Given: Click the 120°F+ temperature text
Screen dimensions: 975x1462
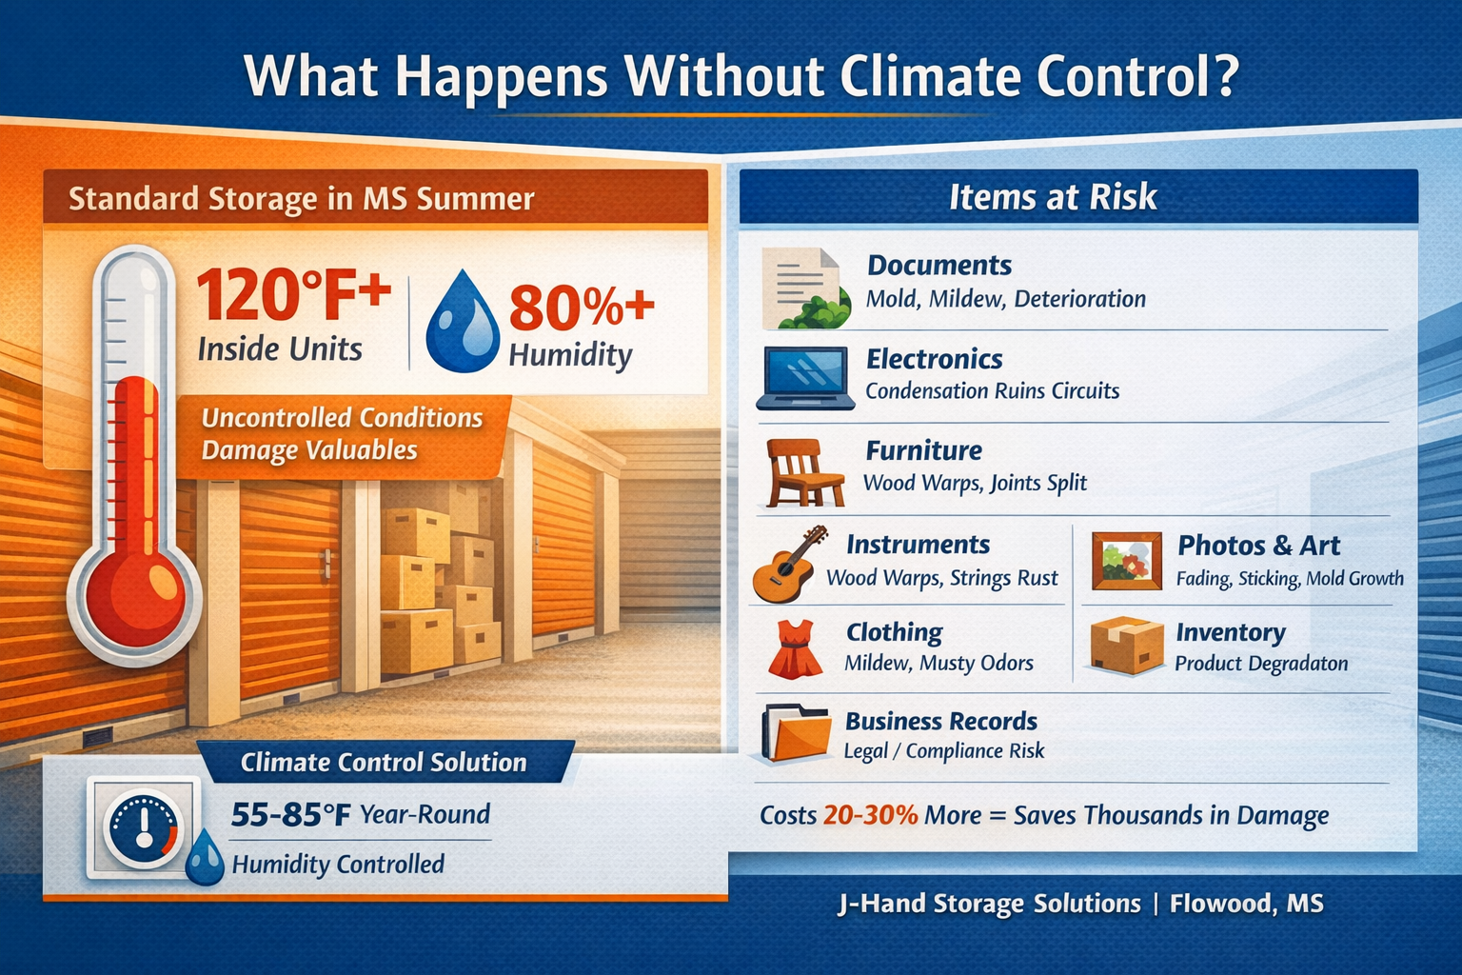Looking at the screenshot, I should tap(293, 295).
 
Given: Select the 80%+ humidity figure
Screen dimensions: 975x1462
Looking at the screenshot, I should tap(582, 308).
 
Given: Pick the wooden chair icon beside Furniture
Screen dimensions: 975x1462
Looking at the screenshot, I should tap(804, 472).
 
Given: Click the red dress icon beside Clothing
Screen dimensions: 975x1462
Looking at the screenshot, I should tap(795, 649).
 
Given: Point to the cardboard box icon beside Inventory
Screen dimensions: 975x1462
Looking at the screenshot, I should tap(1126, 646).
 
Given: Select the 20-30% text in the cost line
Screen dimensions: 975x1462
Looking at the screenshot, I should tap(870, 816).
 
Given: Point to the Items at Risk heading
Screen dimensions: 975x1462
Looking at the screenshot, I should tap(1052, 197).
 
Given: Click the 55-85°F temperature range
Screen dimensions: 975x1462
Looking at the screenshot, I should tap(291, 815).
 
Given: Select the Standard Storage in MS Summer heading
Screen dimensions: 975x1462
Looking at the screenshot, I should tap(301, 199).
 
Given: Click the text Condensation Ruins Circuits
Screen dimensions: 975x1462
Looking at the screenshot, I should tap(992, 391).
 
